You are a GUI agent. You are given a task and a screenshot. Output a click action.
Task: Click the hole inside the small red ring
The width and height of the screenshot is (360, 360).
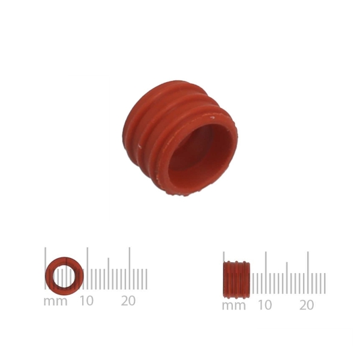[x=64, y=276]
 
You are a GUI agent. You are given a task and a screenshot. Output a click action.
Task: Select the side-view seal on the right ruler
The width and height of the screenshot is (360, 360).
[x=236, y=280]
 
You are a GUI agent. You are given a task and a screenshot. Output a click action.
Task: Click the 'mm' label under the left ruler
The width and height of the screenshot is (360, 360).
[x=55, y=301]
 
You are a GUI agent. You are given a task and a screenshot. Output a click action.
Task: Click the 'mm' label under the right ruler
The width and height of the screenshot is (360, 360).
[x=234, y=306]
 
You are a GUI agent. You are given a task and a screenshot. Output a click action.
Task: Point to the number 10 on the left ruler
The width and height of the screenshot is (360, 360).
[x=86, y=301]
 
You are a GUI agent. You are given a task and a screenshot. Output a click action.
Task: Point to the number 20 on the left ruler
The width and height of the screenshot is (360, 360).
[x=128, y=301]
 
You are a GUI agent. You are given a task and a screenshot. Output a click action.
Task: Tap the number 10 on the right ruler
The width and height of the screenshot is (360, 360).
[x=265, y=305]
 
